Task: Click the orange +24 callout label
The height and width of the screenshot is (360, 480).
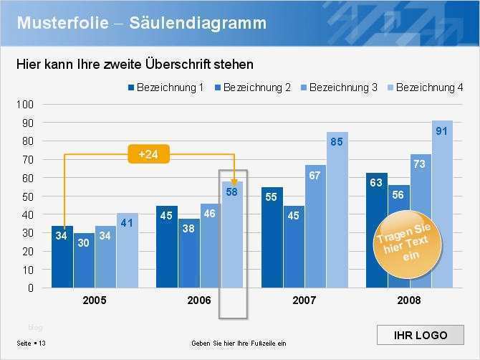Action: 148,154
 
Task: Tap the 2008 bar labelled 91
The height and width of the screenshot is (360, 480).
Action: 442,204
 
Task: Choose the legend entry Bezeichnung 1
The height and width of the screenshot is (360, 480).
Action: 165,87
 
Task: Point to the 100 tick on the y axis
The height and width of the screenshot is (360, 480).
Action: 25,104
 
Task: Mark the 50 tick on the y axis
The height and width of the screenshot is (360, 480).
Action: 27,196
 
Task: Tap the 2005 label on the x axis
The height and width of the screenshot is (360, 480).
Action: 95,300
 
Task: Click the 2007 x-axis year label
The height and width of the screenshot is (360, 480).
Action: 304,300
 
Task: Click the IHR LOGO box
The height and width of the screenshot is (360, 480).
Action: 421,335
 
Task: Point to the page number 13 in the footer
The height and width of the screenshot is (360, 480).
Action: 42,344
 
